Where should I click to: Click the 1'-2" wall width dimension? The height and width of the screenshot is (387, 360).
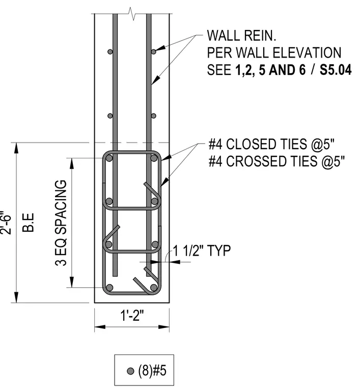132,316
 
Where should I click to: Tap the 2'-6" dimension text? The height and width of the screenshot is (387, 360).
6,223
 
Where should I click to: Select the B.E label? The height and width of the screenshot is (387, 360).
28,223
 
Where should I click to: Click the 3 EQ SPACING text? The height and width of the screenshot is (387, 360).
61,223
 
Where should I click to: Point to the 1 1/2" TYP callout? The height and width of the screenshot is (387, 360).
201,251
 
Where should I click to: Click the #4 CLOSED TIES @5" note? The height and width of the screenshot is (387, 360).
271,144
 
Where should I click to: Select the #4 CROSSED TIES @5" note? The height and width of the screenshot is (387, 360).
276,161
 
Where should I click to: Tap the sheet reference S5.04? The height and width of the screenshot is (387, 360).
336,70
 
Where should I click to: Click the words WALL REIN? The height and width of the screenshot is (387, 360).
241,36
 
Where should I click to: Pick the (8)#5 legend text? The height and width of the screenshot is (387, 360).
152,371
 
